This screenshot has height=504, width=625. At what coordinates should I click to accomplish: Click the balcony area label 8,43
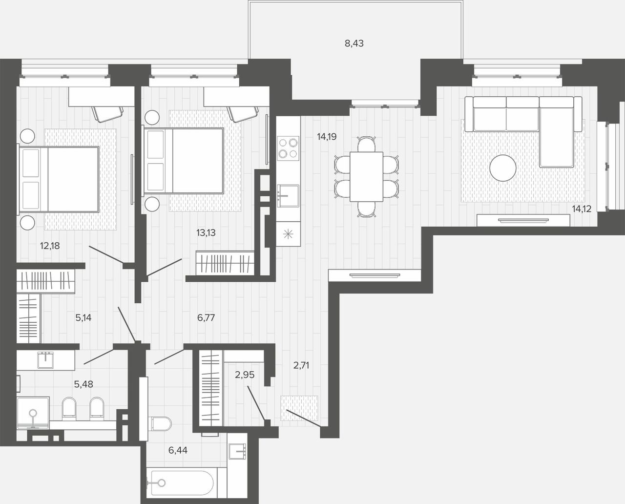click(354, 43)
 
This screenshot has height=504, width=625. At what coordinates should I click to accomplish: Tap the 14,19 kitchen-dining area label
click(327, 137)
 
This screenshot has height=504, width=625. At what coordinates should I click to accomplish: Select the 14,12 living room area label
click(582, 209)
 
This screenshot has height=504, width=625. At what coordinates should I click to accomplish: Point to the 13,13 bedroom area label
click(206, 232)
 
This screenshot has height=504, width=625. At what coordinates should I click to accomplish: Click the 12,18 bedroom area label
click(50, 246)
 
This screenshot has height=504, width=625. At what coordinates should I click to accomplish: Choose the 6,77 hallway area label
click(206, 317)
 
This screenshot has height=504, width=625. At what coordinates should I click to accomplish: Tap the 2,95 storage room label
click(245, 375)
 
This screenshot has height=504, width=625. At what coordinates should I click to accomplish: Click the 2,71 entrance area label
click(301, 365)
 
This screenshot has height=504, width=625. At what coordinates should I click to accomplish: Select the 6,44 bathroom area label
click(178, 450)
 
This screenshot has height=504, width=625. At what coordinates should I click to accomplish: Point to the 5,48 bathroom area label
click(83, 384)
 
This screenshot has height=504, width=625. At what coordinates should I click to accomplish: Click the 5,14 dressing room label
click(83, 317)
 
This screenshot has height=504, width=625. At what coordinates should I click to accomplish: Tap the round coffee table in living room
click(503, 168)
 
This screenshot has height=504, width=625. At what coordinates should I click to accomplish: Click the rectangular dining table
click(366, 177)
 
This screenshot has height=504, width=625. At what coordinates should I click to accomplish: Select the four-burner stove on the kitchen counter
click(288, 148)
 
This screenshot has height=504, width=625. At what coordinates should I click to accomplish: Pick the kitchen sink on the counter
click(288, 196)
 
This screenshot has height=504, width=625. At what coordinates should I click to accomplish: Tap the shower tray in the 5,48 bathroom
click(33, 413)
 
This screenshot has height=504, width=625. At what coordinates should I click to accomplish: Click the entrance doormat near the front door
click(299, 408)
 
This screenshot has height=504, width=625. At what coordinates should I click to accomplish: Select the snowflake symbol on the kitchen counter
click(288, 234)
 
